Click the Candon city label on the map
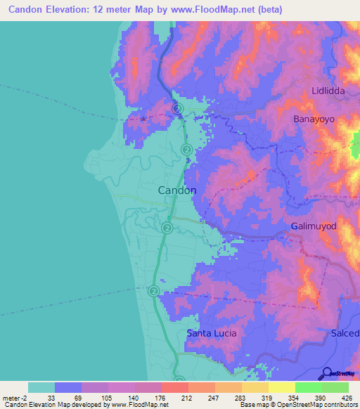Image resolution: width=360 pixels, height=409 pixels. coord(176,190)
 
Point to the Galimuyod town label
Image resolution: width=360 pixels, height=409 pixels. coord(314,227)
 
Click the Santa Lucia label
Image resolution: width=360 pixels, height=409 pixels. coord(212,332)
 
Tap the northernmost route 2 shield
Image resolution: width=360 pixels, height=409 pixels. coord(178,108)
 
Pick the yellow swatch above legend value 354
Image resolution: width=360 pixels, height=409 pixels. coord(281,387)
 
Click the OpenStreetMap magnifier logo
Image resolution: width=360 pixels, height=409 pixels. coord(326,373)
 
